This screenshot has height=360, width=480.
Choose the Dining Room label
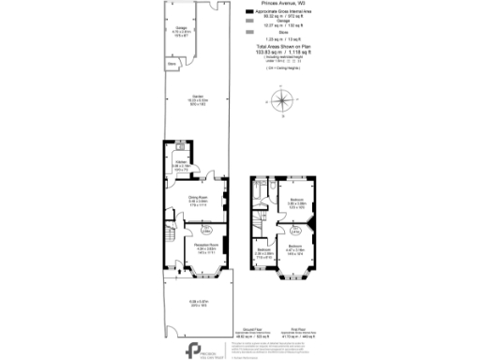click(x=196, y=201)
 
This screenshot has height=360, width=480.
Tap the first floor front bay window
click(x=294, y=278)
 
